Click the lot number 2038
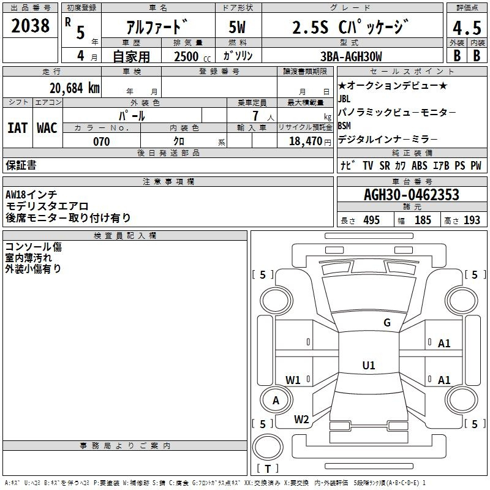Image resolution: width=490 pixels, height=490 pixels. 31,26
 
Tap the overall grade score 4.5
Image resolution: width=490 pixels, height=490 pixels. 466,28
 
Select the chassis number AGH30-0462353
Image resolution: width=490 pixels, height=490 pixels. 411,195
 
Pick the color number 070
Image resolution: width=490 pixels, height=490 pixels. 102,141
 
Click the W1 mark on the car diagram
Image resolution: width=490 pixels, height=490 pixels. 293,380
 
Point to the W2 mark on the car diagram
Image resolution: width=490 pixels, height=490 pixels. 301,420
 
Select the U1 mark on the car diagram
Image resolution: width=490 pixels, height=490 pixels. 368,366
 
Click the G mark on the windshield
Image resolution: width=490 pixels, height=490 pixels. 386,323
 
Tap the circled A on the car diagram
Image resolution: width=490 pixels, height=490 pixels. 276,401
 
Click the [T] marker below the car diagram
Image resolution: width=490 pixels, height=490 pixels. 267,469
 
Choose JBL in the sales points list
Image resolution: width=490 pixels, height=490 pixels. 345,99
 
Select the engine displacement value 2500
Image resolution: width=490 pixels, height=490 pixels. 186,56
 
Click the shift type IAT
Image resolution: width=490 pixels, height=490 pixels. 17,127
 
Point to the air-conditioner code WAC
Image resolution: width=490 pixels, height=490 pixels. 47,127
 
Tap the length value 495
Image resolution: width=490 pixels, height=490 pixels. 371,221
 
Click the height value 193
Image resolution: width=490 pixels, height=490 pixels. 472,221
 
